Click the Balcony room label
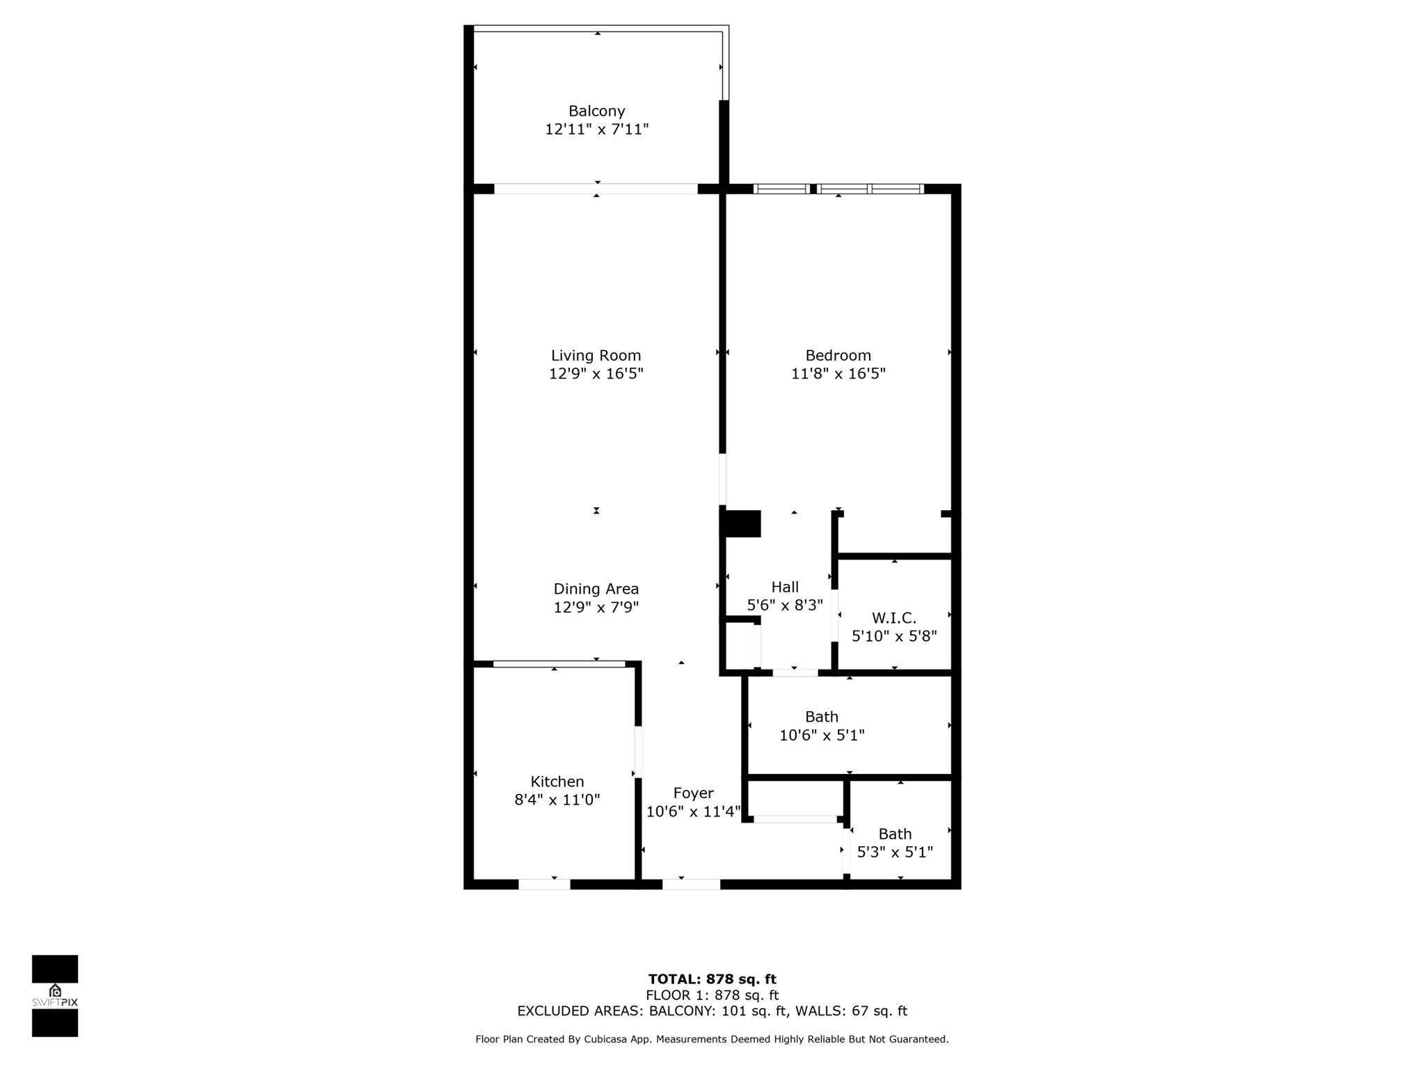(x=596, y=111)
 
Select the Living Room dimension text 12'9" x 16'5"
(x=596, y=374)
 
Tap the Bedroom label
(x=838, y=356)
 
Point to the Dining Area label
(x=596, y=589)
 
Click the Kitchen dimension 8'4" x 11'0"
(x=557, y=800)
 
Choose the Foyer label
(x=693, y=793)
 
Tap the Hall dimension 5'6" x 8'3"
(x=785, y=605)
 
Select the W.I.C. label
(x=894, y=618)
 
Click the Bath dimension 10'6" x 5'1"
(x=822, y=735)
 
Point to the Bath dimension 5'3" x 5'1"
(x=895, y=852)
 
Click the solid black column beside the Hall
(x=742, y=523)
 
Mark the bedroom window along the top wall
(x=838, y=189)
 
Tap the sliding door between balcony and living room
(x=596, y=189)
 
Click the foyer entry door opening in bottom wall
(x=691, y=885)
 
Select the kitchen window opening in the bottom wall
(x=544, y=885)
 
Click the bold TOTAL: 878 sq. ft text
(x=712, y=979)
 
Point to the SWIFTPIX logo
(x=55, y=996)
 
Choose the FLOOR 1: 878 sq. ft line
(x=712, y=995)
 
